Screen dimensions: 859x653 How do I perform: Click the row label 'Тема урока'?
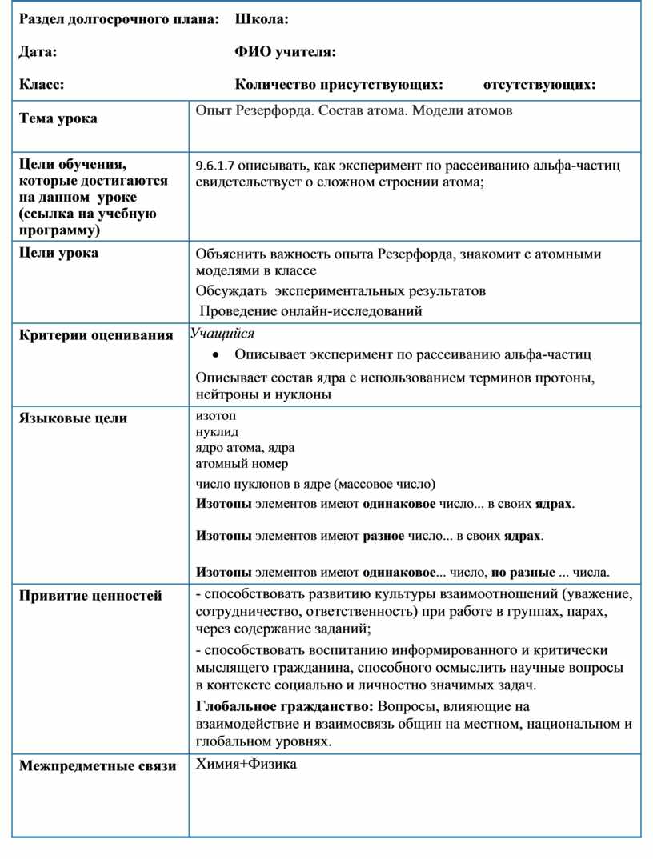[x=58, y=118]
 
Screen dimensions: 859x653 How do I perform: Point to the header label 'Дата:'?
[x=38, y=52]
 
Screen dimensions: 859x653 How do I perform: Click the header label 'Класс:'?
[x=42, y=84]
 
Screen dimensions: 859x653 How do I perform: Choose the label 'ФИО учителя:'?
[x=284, y=52]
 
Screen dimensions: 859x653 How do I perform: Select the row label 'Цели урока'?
[x=59, y=253]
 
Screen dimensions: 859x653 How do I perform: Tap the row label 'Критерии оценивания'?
[x=96, y=335]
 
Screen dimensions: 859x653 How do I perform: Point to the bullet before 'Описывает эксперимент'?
[x=217, y=354]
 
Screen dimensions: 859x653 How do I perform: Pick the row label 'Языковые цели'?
[x=73, y=418]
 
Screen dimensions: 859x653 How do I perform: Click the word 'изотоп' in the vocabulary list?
[x=216, y=416]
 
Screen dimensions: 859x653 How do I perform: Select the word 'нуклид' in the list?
[x=217, y=432]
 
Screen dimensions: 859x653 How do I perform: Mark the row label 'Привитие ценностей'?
[x=90, y=595]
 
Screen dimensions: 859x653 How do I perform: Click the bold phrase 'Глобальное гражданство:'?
[x=284, y=706]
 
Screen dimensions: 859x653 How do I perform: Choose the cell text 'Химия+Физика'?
[x=246, y=765]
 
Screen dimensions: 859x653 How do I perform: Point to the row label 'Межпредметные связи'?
[x=98, y=766]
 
